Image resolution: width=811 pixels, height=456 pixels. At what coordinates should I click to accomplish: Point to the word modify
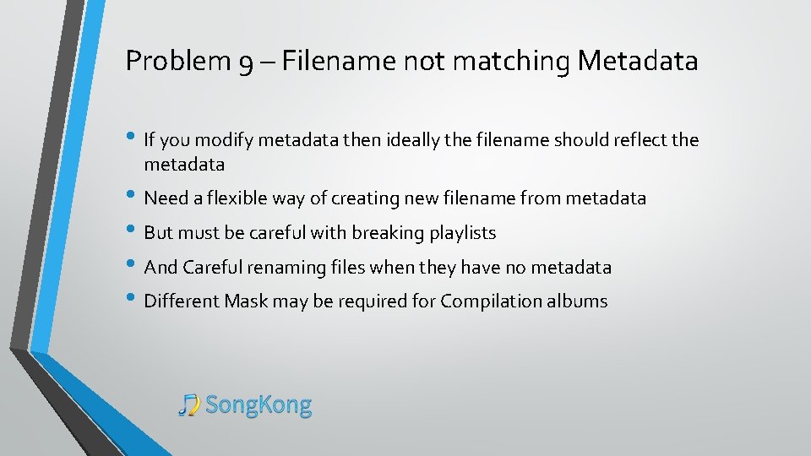(226, 140)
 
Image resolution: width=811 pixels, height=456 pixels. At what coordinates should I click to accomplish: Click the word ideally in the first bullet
(412, 140)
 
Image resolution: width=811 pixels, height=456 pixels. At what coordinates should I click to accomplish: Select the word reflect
(641, 140)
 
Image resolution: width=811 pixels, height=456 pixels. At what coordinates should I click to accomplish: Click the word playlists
(463, 233)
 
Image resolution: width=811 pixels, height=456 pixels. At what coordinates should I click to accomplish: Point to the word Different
(182, 301)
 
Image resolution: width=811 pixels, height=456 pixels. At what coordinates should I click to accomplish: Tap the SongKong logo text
(259, 405)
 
